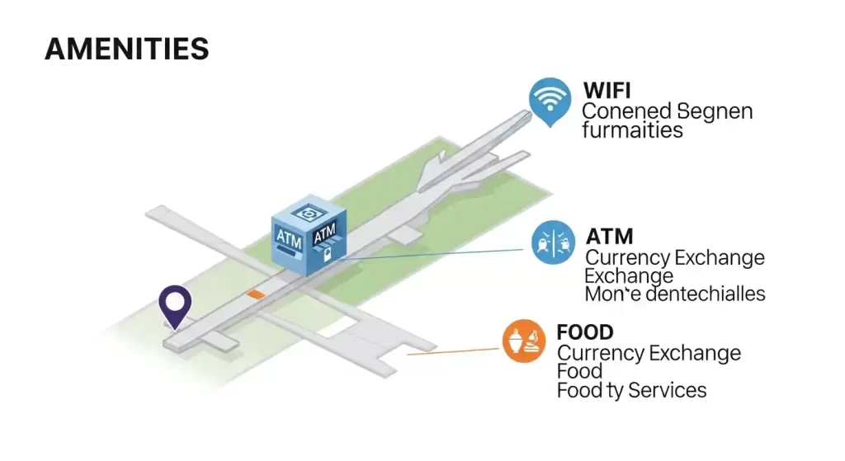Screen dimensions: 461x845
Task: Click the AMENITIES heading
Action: [x=126, y=49]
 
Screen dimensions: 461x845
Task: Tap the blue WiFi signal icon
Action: [x=550, y=99]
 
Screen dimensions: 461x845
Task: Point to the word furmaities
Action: [x=632, y=130]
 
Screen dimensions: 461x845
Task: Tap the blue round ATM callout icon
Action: [x=553, y=242]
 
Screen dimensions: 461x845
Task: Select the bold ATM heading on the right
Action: [x=609, y=237]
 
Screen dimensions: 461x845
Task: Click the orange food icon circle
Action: [x=524, y=341]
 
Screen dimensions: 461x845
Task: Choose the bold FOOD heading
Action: [x=585, y=332]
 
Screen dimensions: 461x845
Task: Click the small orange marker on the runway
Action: [x=256, y=294]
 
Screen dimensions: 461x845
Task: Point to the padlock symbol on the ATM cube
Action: [x=328, y=255]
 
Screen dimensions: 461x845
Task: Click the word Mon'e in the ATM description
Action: [x=608, y=294]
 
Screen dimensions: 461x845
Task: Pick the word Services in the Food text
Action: [x=667, y=389]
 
